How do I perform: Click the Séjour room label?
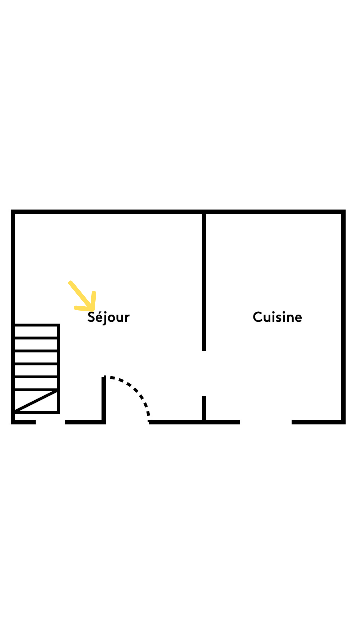point(108,317)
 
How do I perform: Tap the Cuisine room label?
point(277,317)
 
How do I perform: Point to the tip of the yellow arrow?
point(93,309)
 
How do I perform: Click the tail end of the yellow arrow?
point(70,283)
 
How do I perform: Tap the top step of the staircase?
point(36,331)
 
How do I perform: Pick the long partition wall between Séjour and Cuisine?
point(204,282)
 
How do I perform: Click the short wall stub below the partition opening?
point(204,409)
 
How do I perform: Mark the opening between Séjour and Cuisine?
point(204,374)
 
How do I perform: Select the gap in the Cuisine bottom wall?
point(266,422)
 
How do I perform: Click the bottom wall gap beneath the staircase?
point(50,422)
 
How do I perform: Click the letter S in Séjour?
point(91,317)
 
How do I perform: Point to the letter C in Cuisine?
point(258,317)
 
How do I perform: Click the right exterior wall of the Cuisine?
point(343,317)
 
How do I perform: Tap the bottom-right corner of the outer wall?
point(343,422)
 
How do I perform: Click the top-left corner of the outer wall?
point(13,212)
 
